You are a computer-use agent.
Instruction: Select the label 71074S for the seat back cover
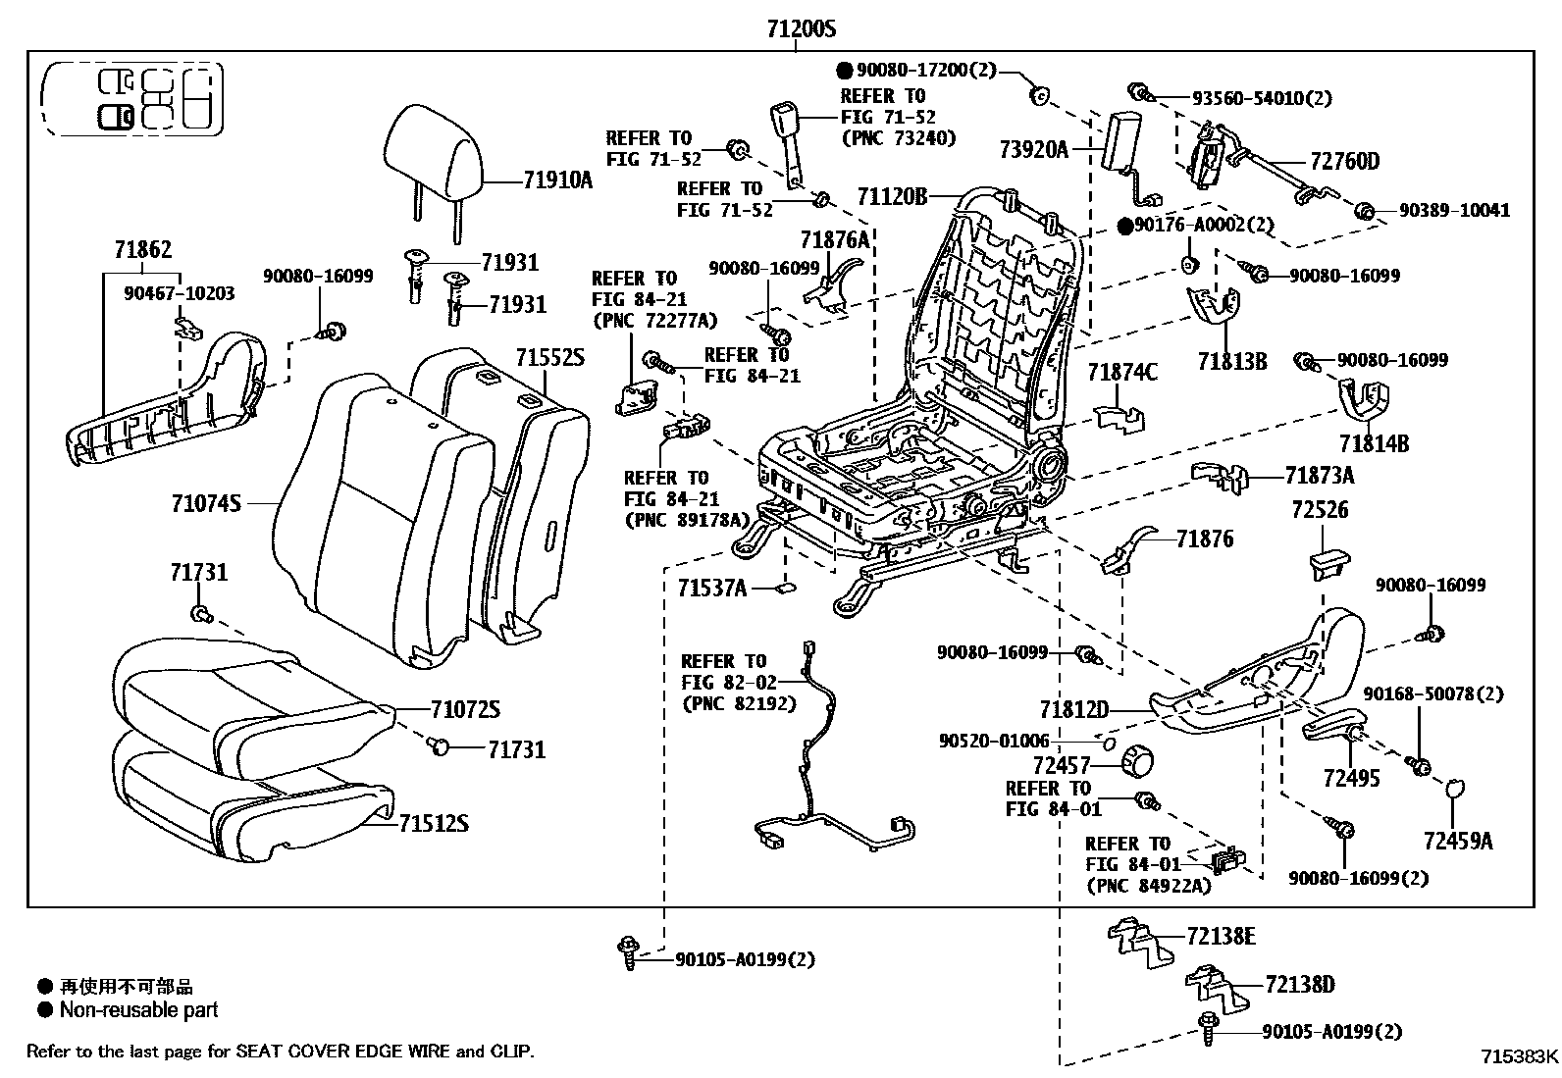point(206,503)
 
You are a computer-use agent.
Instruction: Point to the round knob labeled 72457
point(1139,761)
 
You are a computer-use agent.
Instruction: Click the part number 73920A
point(1033,149)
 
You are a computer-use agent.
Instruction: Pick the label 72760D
point(1344,161)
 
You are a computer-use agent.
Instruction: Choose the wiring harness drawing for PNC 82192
point(824,775)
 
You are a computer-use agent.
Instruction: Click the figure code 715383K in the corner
point(1519,1056)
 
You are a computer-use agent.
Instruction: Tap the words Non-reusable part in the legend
point(138,1010)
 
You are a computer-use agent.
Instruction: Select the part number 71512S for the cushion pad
point(433,823)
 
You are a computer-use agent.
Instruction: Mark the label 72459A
point(1458,841)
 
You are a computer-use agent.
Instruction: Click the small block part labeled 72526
point(1326,563)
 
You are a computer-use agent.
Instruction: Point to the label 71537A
point(711,588)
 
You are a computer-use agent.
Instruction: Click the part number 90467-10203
point(180,292)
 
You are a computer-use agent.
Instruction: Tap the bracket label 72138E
point(1220,937)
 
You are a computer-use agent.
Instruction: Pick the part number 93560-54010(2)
point(1261,98)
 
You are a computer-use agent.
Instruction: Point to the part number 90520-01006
point(993,742)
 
